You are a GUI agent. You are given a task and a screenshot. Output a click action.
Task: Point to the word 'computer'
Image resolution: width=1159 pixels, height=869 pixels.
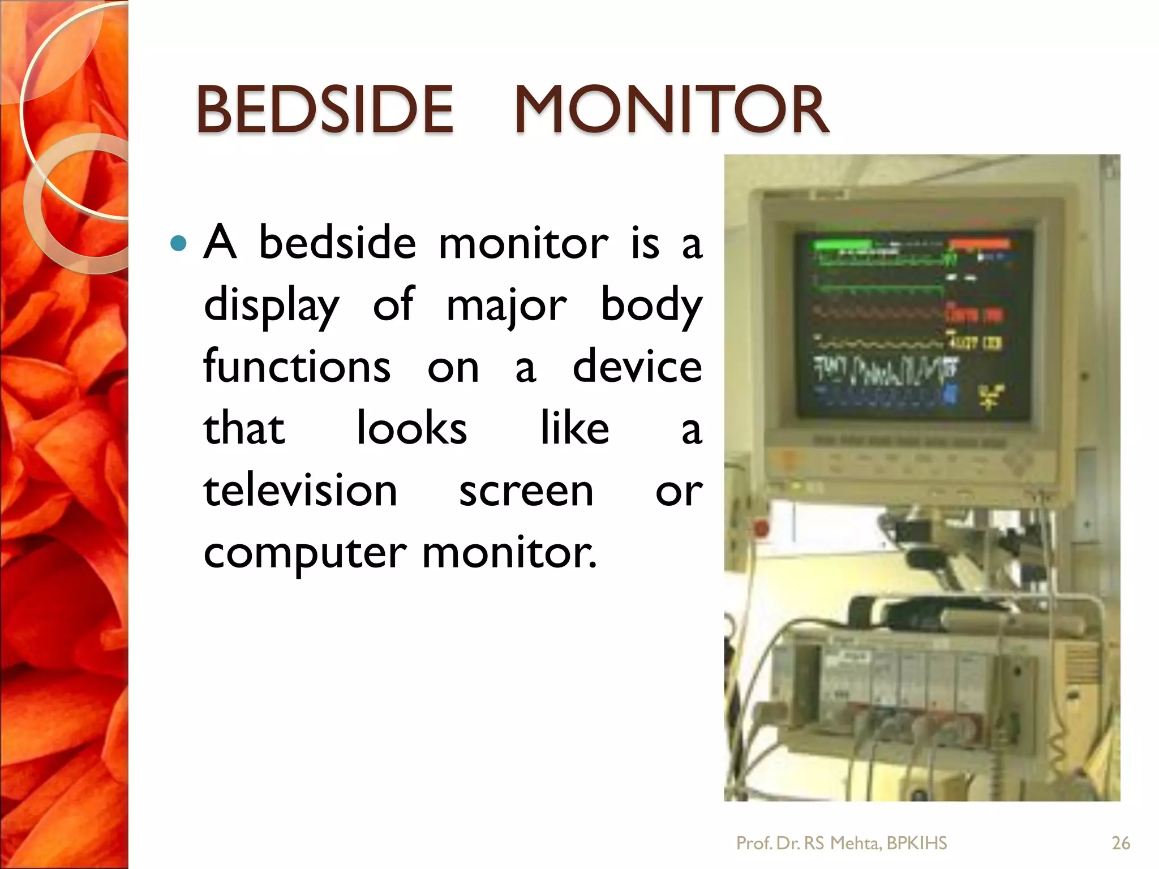pos(304,553)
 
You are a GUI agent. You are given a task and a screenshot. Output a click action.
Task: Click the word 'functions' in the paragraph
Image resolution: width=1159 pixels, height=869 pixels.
pos(297,366)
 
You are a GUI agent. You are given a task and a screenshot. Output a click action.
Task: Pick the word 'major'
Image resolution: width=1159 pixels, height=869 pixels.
pos(506,306)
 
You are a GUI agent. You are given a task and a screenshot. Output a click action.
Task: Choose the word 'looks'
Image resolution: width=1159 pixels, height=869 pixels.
pos(411,428)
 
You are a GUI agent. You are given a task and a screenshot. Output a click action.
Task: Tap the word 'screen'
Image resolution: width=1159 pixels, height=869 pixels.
pos(526,491)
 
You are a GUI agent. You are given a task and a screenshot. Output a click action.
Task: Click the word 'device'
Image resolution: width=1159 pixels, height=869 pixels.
pos(637,366)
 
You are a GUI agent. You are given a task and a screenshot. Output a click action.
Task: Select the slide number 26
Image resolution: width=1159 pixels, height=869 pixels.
pos(1121,843)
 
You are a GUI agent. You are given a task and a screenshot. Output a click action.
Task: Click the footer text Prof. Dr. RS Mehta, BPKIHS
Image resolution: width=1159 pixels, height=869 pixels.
pos(841,843)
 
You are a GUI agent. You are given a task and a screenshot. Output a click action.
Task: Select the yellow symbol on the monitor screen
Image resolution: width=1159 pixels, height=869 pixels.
pos(990,396)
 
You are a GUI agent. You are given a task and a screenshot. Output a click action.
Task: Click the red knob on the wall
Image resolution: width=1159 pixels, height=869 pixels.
pos(761,529)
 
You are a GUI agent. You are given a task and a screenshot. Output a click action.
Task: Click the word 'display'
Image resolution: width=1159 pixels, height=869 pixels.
pos(271,306)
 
